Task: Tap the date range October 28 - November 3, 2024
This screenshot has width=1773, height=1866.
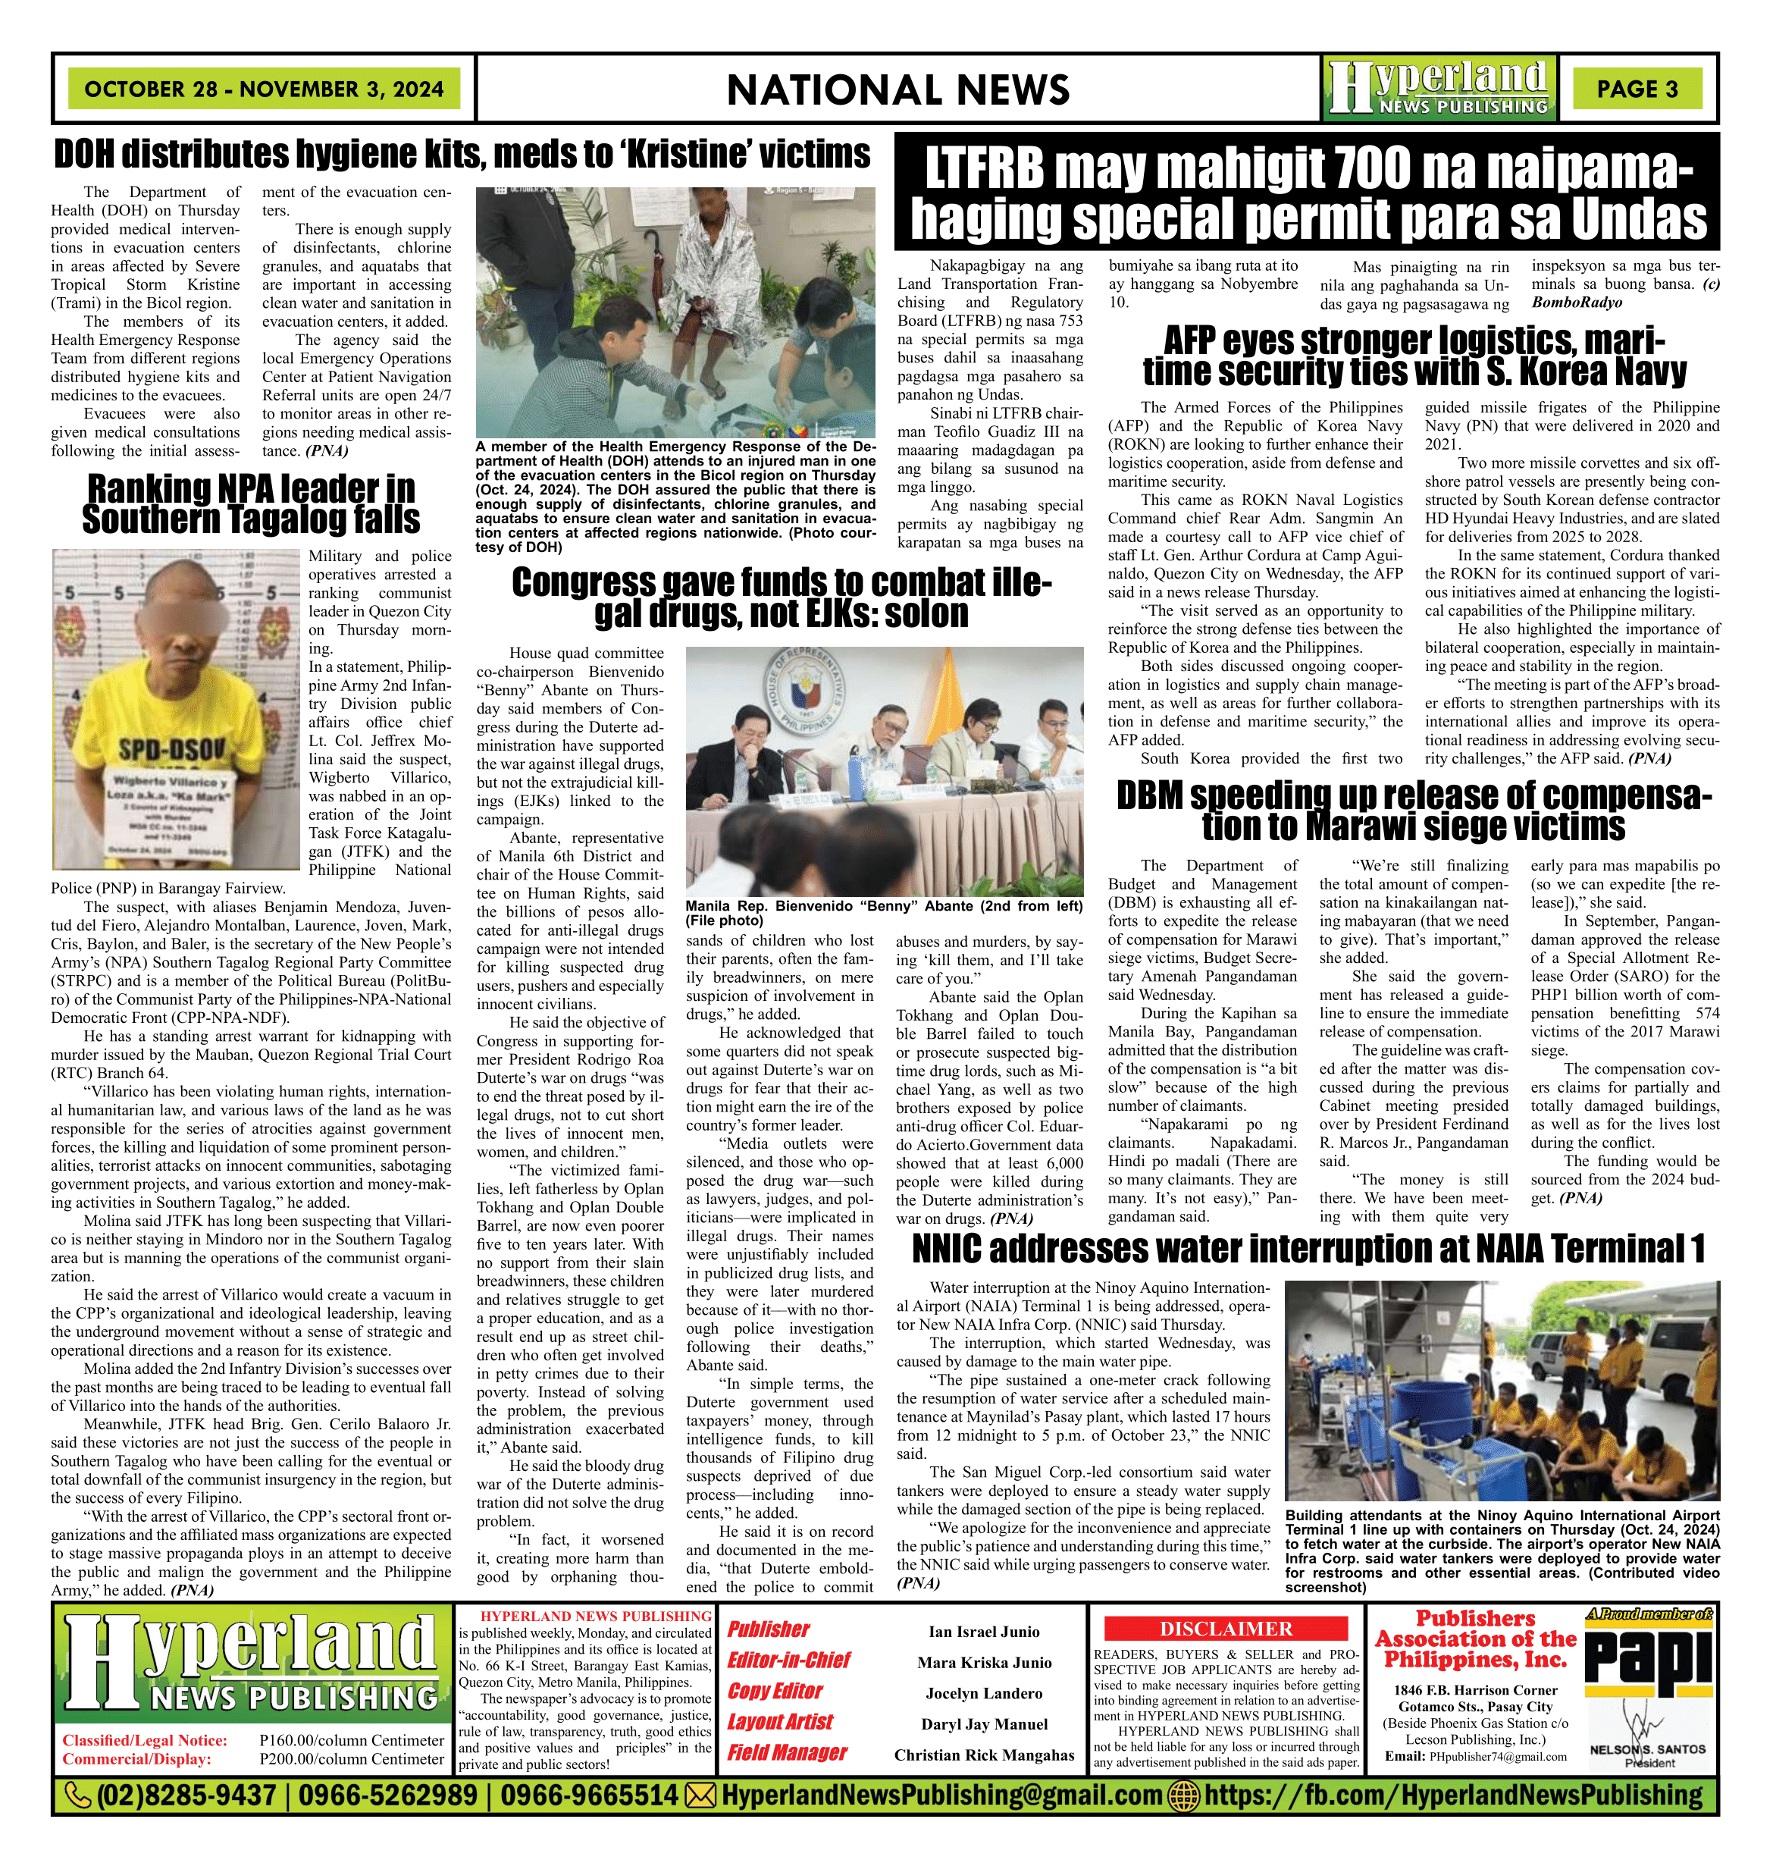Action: tap(264, 89)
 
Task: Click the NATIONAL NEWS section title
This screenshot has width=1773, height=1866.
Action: tap(897, 89)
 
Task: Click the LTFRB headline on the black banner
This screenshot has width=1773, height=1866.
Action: tap(1308, 194)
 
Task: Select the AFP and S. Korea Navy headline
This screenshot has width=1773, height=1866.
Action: tap(1414, 356)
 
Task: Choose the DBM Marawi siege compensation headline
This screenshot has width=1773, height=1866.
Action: tap(1414, 811)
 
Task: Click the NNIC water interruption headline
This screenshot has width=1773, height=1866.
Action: tap(1308, 1249)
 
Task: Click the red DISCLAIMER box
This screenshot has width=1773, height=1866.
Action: tap(1226, 1628)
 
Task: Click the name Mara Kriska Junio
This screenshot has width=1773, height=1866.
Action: tap(984, 1662)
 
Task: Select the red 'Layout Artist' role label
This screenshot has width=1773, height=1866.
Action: tap(780, 1721)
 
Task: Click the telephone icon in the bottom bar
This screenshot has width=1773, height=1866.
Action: tap(77, 1794)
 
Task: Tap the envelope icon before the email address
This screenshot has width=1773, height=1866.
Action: tap(700, 1794)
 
